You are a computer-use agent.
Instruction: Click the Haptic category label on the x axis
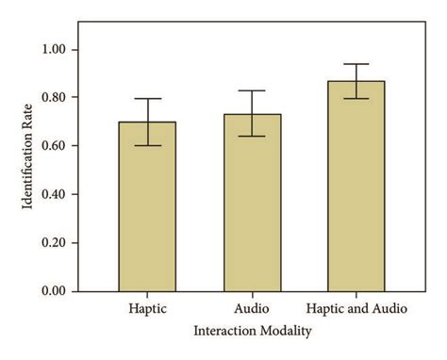pos(147,309)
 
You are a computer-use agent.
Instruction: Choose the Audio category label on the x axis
pos(252,309)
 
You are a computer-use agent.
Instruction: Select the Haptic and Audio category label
pos(356,309)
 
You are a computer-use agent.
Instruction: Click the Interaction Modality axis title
pos(252,332)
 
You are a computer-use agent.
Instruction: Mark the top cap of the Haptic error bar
pos(147,99)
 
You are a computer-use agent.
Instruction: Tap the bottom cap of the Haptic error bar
pos(147,146)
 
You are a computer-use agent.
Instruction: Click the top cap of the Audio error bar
pos(252,90)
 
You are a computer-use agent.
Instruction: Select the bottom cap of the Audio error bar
pos(252,137)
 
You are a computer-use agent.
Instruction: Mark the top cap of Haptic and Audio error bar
pos(356,64)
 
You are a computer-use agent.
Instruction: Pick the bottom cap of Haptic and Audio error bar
pos(356,98)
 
